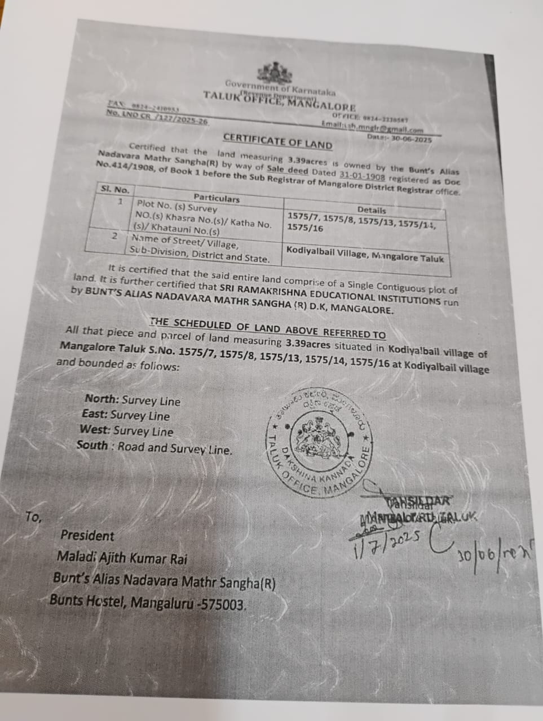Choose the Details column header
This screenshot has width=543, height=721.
tap(371, 210)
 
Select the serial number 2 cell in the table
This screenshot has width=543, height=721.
tap(114, 236)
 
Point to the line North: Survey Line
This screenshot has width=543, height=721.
tap(133, 400)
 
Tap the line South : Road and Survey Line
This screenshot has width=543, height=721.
tap(154, 448)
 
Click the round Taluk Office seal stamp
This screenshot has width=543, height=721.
tap(320, 444)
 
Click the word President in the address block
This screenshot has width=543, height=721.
tap(87, 536)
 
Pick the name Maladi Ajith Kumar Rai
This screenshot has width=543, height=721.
tap(121, 558)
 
